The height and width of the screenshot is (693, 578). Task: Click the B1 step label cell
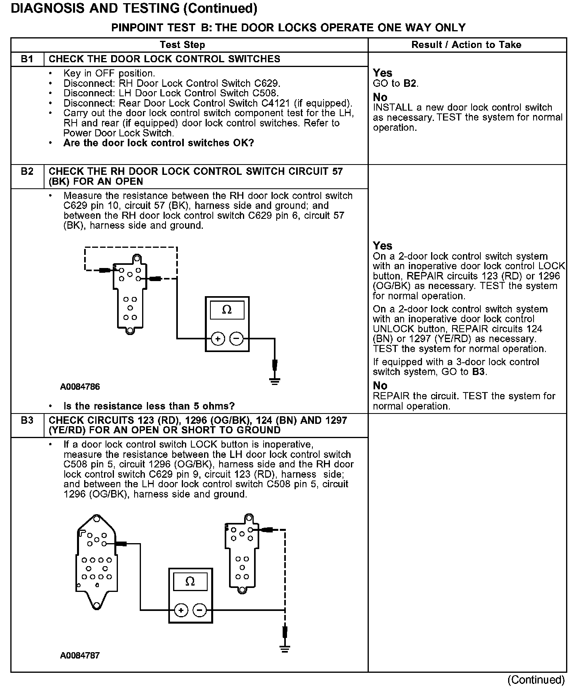pos(27,59)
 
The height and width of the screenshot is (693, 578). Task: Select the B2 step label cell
pos(27,172)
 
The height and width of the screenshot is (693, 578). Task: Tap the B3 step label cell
pos(27,421)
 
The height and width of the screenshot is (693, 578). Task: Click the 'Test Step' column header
pos(182,45)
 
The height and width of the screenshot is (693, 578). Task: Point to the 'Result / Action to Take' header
pos(466,45)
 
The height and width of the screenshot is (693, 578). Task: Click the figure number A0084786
pos(80,387)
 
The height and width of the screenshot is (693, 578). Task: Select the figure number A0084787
pos(80,655)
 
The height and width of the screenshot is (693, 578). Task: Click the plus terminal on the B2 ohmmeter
pos(218,339)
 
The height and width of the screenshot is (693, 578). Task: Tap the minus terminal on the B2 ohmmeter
pos(236,339)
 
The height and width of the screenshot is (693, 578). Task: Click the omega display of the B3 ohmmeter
pos(190,582)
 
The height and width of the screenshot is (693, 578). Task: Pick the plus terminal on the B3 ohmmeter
pos(181,610)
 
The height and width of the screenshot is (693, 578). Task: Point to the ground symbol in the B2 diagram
pos(274,381)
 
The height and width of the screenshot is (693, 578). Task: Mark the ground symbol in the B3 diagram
pos(284,649)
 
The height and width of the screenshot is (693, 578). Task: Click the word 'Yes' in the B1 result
pos(382,73)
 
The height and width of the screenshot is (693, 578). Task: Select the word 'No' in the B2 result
pos(380,385)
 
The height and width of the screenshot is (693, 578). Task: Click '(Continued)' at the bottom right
pos(536,680)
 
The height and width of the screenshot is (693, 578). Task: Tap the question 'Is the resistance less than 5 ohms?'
pos(149,406)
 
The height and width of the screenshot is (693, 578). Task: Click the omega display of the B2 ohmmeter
pos(227,310)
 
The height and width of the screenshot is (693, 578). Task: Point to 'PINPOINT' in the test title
pos(136,27)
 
